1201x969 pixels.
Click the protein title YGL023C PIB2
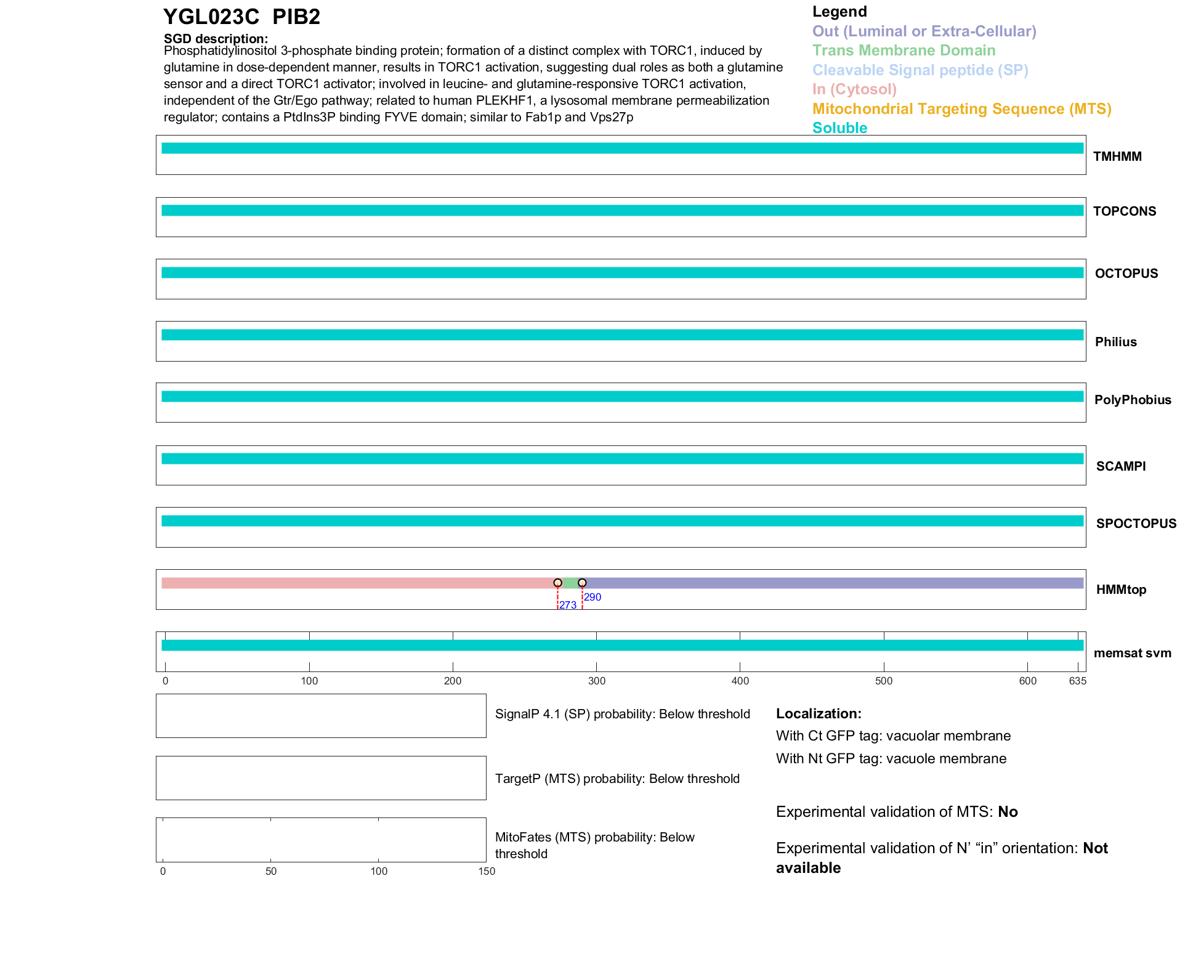pyautogui.click(x=241, y=17)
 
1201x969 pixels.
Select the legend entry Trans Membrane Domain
pyautogui.click(x=904, y=51)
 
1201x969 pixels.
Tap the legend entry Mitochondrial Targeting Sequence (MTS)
pyautogui.click(x=961, y=109)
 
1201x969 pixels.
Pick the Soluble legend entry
pyautogui.click(x=839, y=128)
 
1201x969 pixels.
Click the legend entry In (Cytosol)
pyautogui.click(x=854, y=89)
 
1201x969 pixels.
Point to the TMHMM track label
pyautogui.click(x=1117, y=156)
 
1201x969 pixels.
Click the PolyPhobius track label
pyautogui.click(x=1132, y=400)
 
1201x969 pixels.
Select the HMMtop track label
pyautogui.click(x=1121, y=590)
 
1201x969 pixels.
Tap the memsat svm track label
pyautogui.click(x=1132, y=653)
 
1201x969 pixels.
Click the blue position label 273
pyautogui.click(x=568, y=605)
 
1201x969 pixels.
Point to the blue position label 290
pyautogui.click(x=592, y=597)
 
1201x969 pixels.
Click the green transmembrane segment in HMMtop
pyautogui.click(x=570, y=583)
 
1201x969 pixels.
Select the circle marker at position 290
pyautogui.click(x=582, y=583)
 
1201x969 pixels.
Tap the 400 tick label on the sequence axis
pyautogui.click(x=740, y=681)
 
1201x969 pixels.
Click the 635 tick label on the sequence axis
pyautogui.click(x=1077, y=681)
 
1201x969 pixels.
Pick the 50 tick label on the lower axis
pyautogui.click(x=271, y=871)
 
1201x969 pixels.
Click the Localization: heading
pyautogui.click(x=819, y=713)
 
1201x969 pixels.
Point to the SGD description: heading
pyautogui.click(x=216, y=39)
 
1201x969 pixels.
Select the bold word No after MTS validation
pyautogui.click(x=1008, y=812)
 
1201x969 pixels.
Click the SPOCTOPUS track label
pyautogui.click(x=1136, y=524)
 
